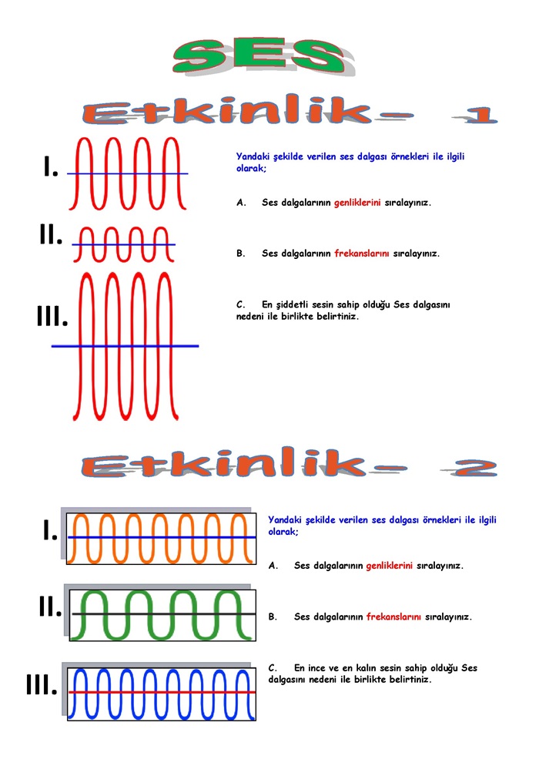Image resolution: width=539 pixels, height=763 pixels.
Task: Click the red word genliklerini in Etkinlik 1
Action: pyautogui.click(x=357, y=203)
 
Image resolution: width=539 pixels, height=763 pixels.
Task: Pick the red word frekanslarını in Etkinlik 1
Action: pyautogui.click(x=362, y=253)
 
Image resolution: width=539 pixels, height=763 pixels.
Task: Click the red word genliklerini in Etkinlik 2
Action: pyautogui.click(x=390, y=566)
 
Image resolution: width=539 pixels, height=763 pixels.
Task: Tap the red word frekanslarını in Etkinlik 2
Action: pyautogui.click(x=393, y=617)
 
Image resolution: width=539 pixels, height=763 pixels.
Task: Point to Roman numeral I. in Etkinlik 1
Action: pyautogui.click(x=51, y=166)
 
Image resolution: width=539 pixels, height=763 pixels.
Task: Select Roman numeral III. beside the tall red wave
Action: pyautogui.click(x=52, y=316)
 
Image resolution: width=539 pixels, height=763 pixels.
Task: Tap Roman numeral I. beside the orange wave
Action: pyautogui.click(x=51, y=530)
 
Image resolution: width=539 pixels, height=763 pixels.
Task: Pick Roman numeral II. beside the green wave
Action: pyautogui.click(x=51, y=607)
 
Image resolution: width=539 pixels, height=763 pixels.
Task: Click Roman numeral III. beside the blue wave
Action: pyautogui.click(x=42, y=685)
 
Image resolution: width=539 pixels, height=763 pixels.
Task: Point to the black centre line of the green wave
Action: pyautogui.click(x=163, y=614)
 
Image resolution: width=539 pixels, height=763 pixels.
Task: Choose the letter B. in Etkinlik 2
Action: pyautogui.click(x=273, y=617)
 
